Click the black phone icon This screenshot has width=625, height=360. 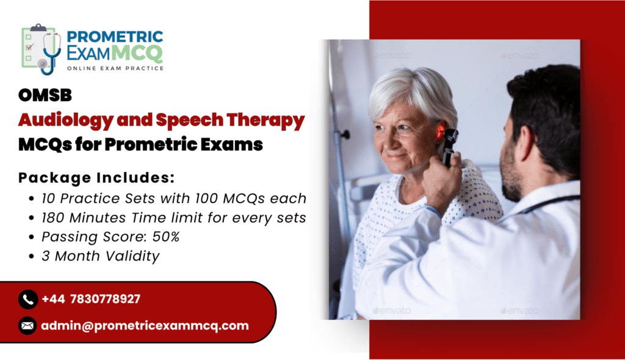[28, 299]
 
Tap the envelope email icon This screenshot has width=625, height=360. [27, 326]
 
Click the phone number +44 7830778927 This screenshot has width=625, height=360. [91, 299]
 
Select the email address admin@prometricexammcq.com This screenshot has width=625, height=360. [145, 326]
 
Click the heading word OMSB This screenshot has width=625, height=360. [45, 95]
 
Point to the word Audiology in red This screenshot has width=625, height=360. [66, 120]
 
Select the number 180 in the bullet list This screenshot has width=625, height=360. [54, 218]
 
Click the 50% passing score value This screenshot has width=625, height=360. [166, 237]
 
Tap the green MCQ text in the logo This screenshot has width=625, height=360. [137, 53]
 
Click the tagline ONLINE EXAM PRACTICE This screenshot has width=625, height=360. [115, 68]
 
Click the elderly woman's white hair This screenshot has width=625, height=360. [413, 92]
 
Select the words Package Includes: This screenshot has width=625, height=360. [96, 178]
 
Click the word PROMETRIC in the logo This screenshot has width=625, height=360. [115, 37]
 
